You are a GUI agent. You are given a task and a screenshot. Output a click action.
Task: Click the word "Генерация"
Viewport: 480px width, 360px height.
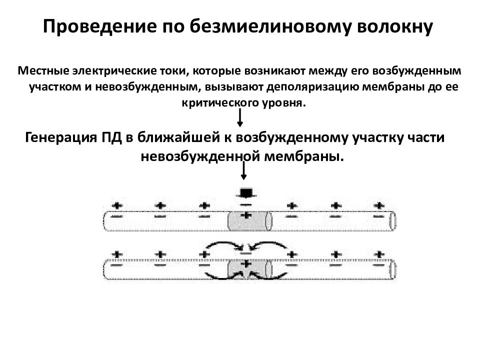pyautogui.click(x=61, y=137)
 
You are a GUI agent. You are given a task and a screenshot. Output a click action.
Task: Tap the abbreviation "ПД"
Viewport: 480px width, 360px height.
pyautogui.click(x=111, y=137)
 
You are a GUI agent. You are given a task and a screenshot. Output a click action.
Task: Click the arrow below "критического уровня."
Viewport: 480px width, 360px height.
pyautogui.click(x=240, y=118)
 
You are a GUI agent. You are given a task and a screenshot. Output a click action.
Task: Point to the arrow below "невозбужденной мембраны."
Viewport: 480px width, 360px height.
pyautogui.click(x=243, y=171)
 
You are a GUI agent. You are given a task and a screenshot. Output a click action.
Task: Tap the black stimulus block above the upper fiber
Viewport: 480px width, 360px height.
pyautogui.click(x=246, y=193)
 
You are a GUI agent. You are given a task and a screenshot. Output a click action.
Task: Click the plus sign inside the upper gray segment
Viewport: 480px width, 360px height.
pyautogui.click(x=246, y=215)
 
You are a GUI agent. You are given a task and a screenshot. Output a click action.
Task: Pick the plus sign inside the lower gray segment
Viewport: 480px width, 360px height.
pyautogui.click(x=246, y=264)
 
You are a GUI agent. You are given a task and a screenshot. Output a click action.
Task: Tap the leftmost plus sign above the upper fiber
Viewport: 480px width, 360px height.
pyautogui.click(x=116, y=205)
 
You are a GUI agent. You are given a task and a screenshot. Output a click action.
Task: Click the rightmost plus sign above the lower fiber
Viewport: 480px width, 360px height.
pyautogui.click(x=379, y=254)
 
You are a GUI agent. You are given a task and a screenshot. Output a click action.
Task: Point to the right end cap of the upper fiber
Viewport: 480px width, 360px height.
pyautogui.click(x=392, y=220)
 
